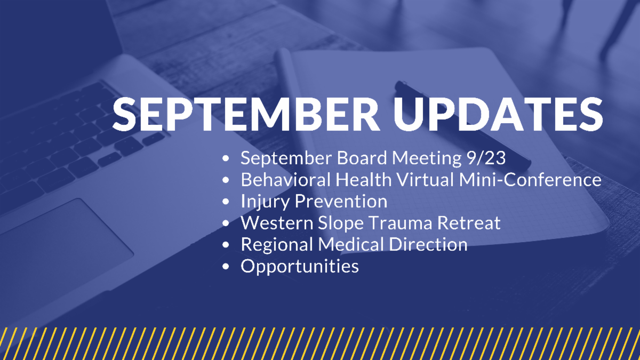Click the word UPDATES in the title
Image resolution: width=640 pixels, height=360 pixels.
498,114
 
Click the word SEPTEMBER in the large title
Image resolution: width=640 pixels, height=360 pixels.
246,114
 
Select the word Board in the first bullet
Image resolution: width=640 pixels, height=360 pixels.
362,158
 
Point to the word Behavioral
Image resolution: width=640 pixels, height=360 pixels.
286,179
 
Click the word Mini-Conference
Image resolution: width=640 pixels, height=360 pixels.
530,179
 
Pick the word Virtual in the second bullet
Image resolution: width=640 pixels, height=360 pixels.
425,179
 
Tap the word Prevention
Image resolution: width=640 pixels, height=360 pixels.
341,201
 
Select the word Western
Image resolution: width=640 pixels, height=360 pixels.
277,223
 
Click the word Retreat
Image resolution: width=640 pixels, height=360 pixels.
469,223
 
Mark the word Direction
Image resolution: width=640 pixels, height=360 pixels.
428,245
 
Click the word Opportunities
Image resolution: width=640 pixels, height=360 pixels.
300,267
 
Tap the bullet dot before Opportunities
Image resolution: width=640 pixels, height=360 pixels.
226,267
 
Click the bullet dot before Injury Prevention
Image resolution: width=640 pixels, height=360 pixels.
226,202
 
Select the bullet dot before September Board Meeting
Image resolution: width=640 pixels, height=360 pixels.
226,158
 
